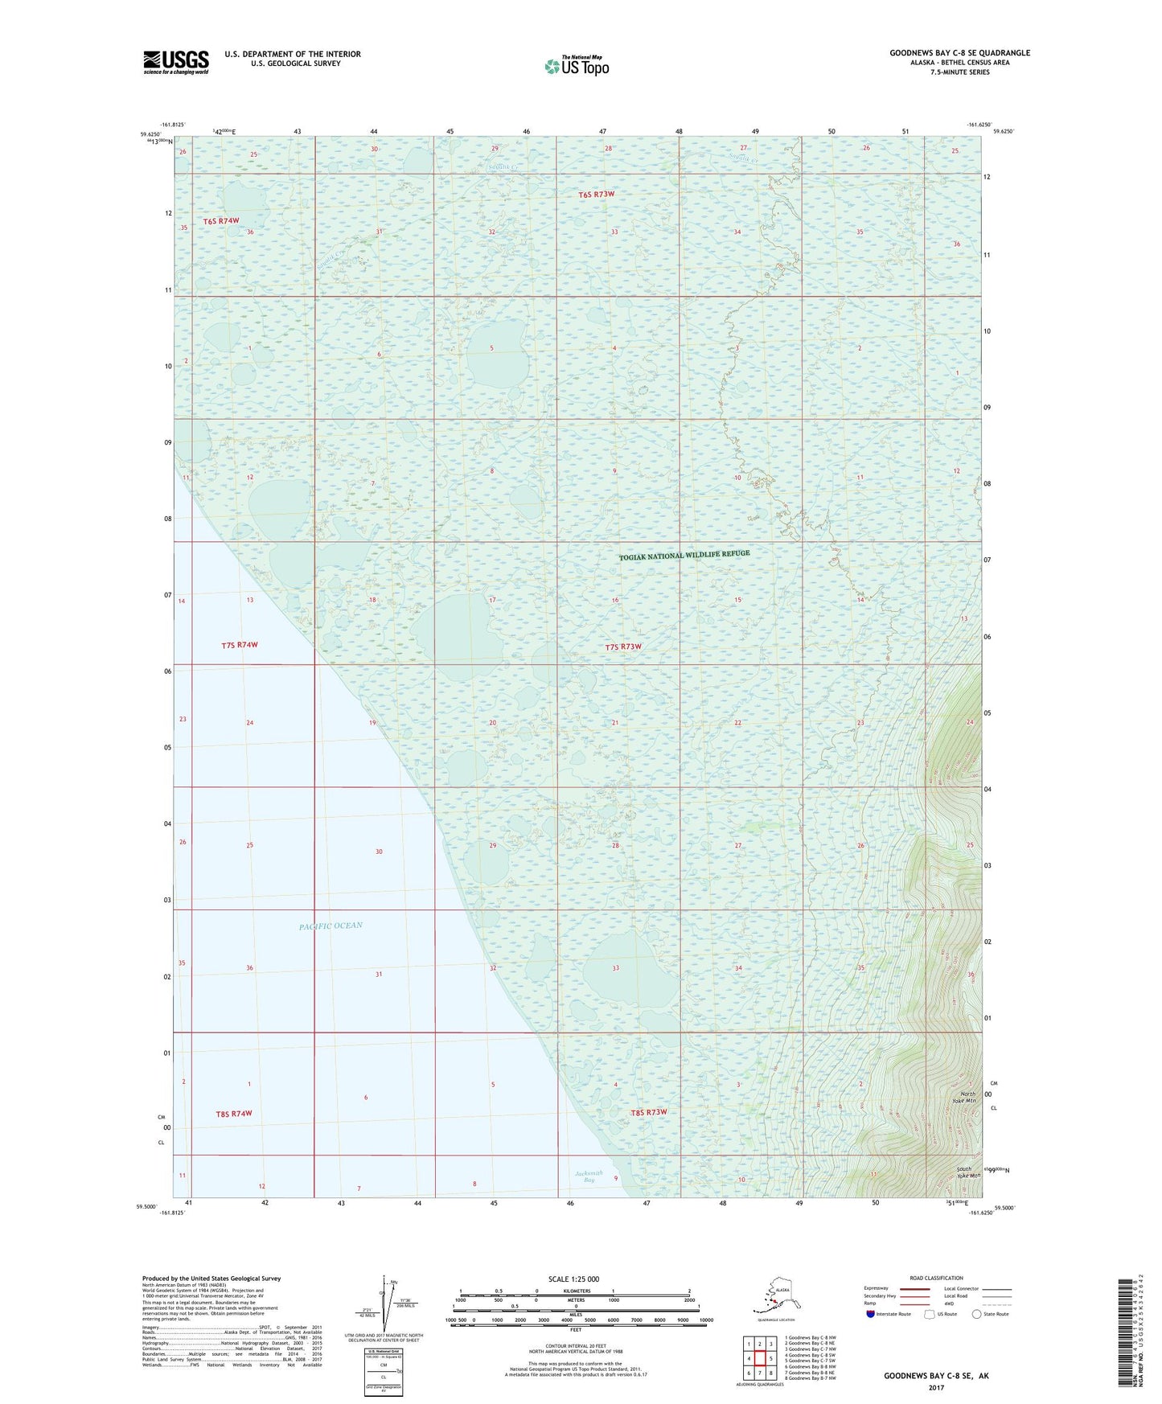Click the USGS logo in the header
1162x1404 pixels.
(x=176, y=62)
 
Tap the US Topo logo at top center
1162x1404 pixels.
(x=576, y=66)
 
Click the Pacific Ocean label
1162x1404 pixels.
(x=331, y=926)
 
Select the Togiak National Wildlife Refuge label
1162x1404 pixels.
(x=684, y=555)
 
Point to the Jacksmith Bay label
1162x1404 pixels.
(x=589, y=1176)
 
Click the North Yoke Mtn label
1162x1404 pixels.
(x=967, y=1097)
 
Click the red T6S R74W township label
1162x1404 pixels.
(x=220, y=220)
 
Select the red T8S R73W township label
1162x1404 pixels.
(x=648, y=1112)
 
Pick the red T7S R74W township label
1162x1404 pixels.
(x=240, y=645)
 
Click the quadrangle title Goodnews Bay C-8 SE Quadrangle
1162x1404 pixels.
(x=959, y=53)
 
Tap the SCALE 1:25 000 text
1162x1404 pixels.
(x=573, y=1279)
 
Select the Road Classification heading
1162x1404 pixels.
(x=936, y=1278)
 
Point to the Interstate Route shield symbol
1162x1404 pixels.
(x=870, y=1314)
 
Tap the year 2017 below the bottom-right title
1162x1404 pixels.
(x=936, y=1387)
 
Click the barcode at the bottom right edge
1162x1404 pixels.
(x=1125, y=1332)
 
